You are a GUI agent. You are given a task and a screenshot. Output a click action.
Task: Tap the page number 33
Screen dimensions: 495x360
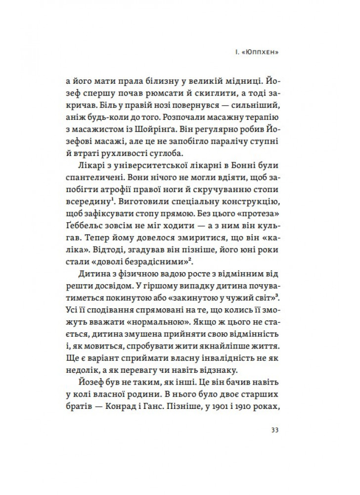275,429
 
